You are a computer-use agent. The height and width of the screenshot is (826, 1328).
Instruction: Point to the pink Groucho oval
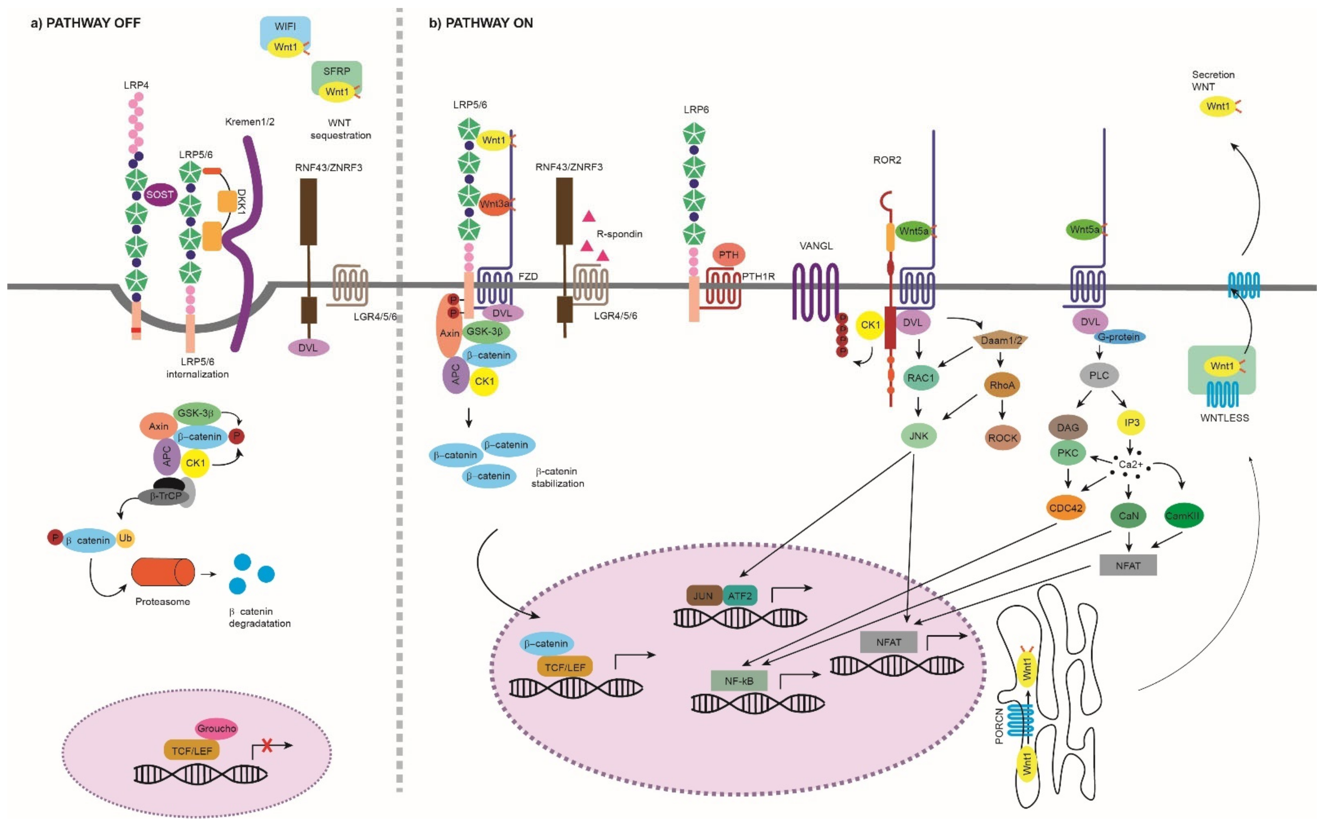tap(217, 728)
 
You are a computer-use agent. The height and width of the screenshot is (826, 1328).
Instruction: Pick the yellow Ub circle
tap(125, 538)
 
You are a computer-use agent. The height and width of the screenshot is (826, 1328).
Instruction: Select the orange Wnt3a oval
tap(494, 204)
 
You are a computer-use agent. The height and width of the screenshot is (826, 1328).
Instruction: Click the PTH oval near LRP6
tap(728, 255)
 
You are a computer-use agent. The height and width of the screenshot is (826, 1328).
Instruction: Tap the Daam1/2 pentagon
tap(1000, 340)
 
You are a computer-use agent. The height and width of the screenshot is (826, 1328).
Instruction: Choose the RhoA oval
tap(1002, 385)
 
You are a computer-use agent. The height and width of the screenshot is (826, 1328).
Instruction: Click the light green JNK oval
tap(919, 436)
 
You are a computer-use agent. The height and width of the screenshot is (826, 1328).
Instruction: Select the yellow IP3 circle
tap(1131, 422)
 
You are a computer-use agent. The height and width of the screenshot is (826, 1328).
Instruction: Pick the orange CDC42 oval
tap(1065, 508)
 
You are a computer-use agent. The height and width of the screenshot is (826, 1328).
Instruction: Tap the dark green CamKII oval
tap(1183, 515)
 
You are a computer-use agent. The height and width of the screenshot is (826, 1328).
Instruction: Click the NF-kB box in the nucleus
tap(739, 681)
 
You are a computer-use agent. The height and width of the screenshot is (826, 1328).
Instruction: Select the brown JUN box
tap(703, 596)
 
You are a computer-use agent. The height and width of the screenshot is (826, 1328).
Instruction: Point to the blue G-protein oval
tap(1118, 337)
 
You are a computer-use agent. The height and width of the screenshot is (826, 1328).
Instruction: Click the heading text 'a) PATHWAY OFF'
tap(86, 23)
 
